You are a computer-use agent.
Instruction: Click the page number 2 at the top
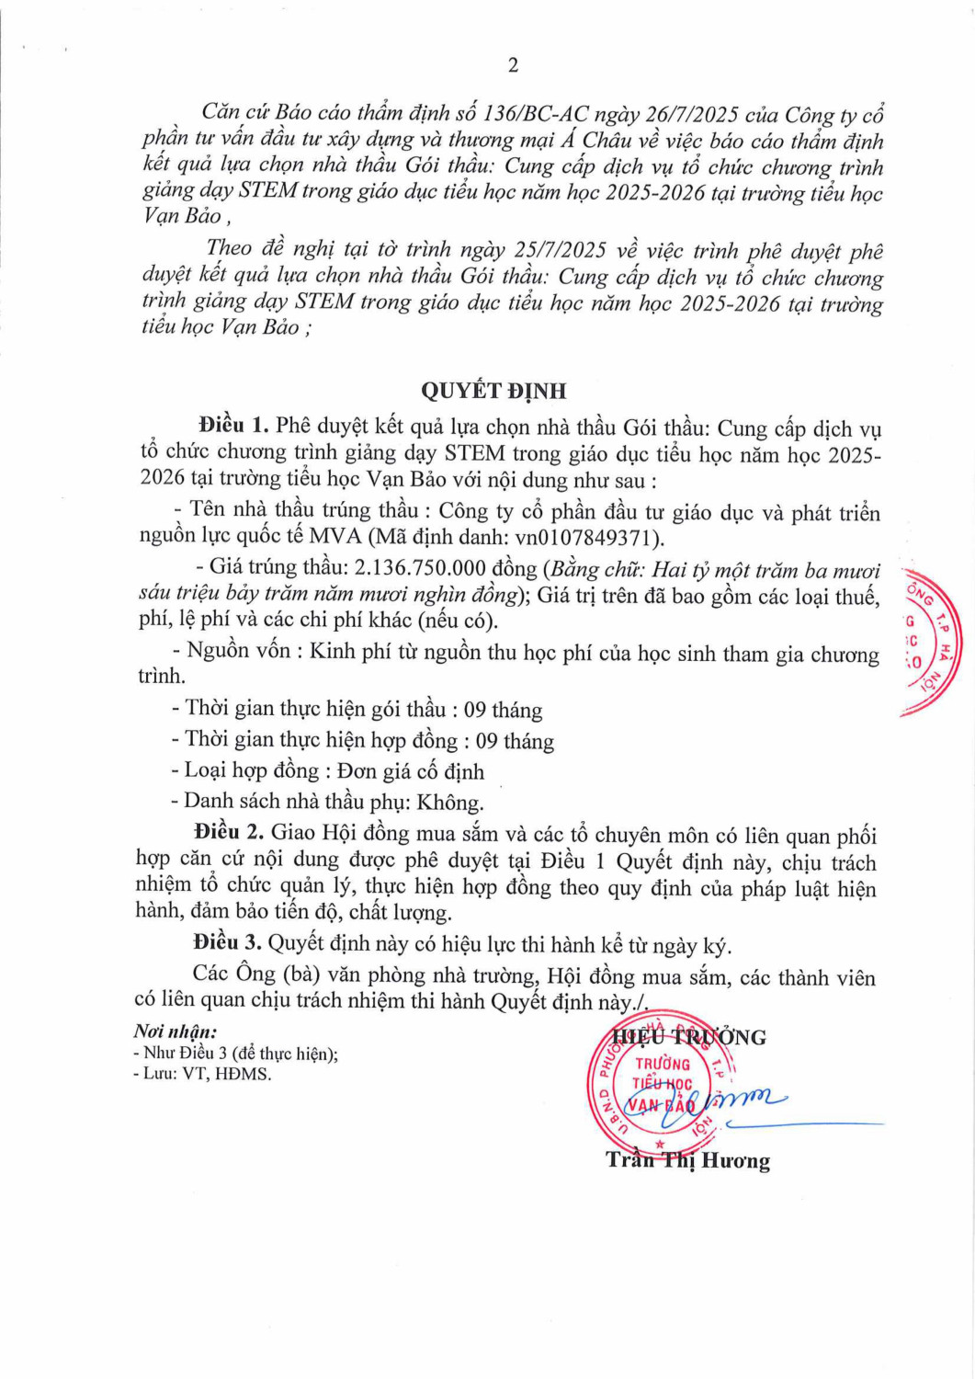(x=513, y=65)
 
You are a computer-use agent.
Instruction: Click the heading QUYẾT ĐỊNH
(x=493, y=392)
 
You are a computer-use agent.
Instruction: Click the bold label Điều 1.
(x=233, y=426)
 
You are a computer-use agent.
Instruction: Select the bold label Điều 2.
(x=229, y=832)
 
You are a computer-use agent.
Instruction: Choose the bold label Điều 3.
(x=227, y=942)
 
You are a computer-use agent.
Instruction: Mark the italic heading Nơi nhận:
(x=176, y=1032)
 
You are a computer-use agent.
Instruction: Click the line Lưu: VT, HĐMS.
(x=203, y=1074)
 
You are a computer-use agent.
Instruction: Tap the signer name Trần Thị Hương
(x=687, y=1161)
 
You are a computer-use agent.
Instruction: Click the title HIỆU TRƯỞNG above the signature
(x=689, y=1038)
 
